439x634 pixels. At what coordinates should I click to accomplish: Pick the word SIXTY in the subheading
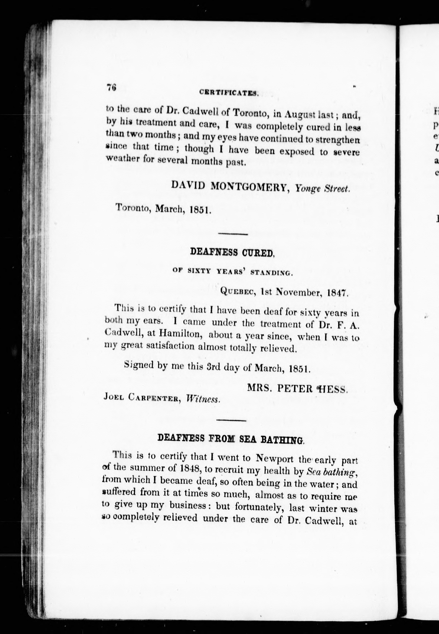pyautogui.click(x=199, y=271)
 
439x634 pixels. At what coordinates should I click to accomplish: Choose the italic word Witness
pyautogui.click(x=203, y=399)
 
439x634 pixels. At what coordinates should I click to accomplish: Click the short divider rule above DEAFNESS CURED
pyautogui.click(x=233, y=234)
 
